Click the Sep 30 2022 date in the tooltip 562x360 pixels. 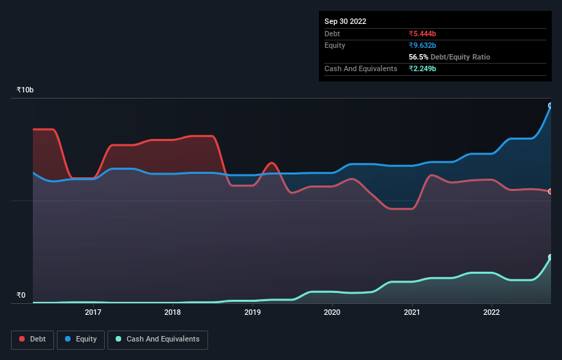(x=345, y=21)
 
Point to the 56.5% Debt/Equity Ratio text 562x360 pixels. (x=449, y=57)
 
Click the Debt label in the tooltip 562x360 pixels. (x=332, y=34)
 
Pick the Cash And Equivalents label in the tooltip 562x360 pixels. (x=361, y=68)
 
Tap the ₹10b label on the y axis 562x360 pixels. (x=25, y=90)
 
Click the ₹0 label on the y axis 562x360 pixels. (x=21, y=296)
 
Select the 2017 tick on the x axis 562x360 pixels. (x=93, y=313)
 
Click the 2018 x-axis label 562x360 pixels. (x=173, y=313)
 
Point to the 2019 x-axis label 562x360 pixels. (x=253, y=313)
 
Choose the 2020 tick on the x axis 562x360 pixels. (x=332, y=313)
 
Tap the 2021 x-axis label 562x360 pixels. (x=412, y=313)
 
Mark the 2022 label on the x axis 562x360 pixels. (x=491, y=313)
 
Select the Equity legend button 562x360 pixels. (x=81, y=339)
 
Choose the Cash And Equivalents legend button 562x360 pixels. (x=157, y=339)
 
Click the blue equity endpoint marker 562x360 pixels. (x=550, y=105)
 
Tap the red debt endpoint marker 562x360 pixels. (x=550, y=192)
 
